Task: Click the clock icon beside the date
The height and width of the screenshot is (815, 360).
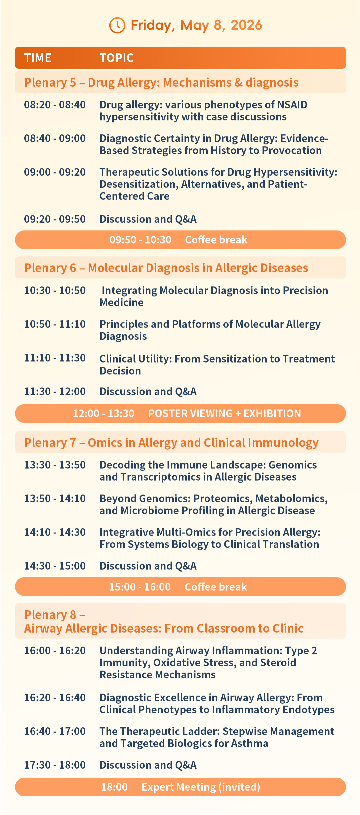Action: (x=117, y=25)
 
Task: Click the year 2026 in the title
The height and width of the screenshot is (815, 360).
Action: (x=246, y=25)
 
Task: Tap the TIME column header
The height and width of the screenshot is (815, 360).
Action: (x=38, y=58)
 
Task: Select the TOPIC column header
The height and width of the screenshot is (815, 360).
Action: (x=117, y=58)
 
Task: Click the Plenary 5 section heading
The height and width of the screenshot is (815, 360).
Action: (x=161, y=82)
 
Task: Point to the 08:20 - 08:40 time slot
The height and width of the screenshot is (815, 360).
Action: (x=55, y=105)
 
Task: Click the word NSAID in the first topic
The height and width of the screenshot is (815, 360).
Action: (x=292, y=105)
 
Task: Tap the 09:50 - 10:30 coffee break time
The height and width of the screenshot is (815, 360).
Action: (x=140, y=240)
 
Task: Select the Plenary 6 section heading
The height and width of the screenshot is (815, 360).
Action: (x=166, y=268)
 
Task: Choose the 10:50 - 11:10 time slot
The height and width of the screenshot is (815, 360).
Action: (x=55, y=324)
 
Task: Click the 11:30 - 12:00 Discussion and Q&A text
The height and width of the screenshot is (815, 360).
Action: (x=148, y=391)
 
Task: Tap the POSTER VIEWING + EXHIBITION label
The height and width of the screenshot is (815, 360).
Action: (x=224, y=414)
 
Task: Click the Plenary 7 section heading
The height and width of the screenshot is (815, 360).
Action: (x=171, y=443)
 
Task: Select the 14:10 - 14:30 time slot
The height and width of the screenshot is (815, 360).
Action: (x=55, y=532)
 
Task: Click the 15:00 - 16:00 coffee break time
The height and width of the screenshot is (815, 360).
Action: (x=140, y=587)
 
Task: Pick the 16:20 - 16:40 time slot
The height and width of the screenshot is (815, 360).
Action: (x=55, y=698)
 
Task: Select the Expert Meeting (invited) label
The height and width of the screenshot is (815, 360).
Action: (x=201, y=787)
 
